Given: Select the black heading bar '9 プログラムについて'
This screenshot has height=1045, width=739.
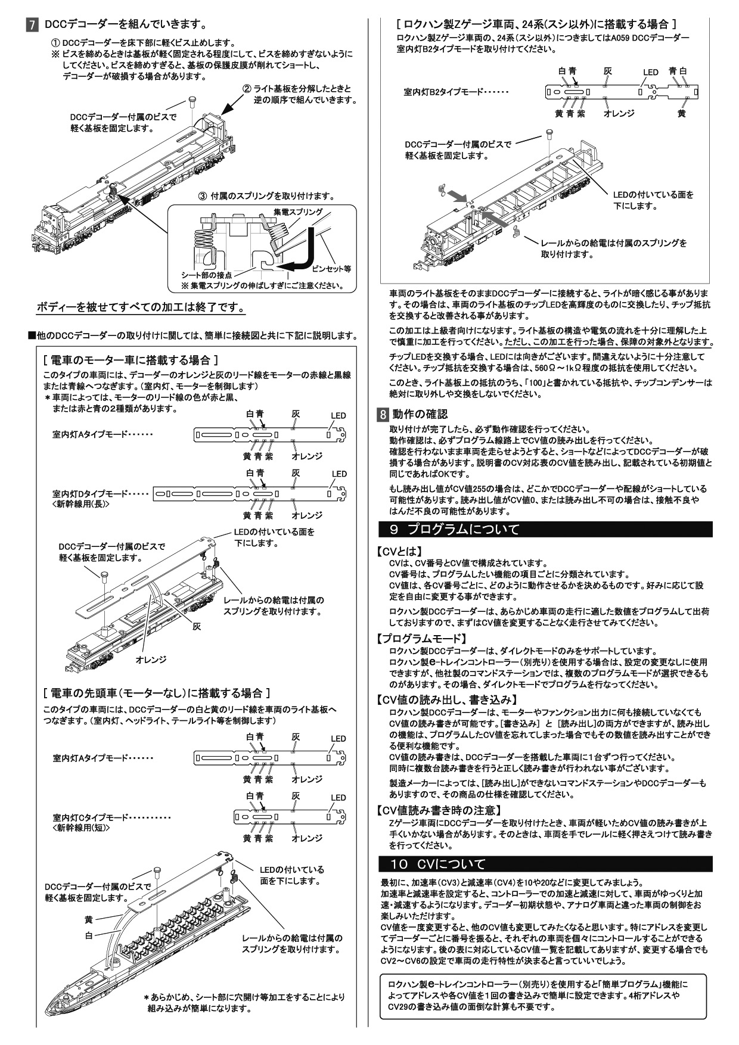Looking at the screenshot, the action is point(546,529).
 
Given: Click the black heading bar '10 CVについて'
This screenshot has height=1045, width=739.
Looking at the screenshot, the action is point(546,864).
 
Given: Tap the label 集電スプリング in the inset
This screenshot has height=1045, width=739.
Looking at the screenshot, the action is point(298,212).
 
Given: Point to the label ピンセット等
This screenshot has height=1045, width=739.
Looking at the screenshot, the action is point(332,269).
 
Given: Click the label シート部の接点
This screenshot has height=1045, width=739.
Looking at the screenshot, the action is point(206,275).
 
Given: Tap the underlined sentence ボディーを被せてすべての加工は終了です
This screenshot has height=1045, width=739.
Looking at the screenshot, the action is point(141,308).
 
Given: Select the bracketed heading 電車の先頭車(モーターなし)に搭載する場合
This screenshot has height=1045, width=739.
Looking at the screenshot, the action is point(157,693).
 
